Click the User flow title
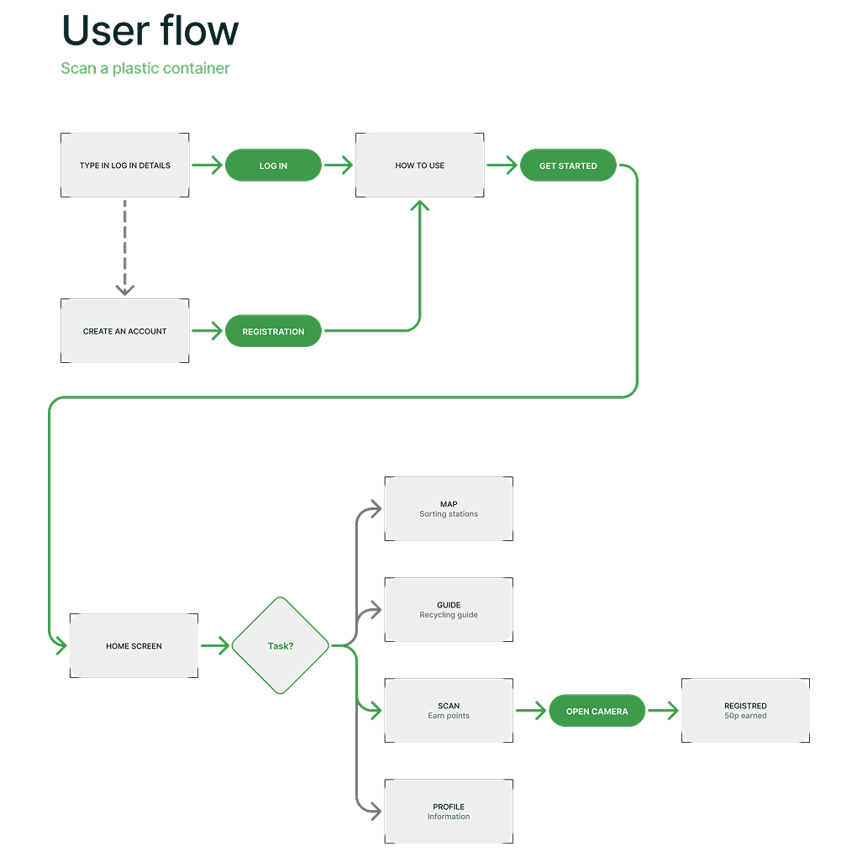click(x=150, y=31)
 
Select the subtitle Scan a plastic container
click(x=145, y=69)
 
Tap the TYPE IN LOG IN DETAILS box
click(x=125, y=166)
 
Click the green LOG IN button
click(x=273, y=166)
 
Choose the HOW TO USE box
click(x=419, y=166)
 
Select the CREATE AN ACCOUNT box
click(x=125, y=331)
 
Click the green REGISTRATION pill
click(x=273, y=331)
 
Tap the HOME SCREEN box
click(x=134, y=646)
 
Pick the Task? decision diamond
click(x=281, y=646)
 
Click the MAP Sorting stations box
click(x=448, y=509)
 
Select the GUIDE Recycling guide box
click(x=448, y=610)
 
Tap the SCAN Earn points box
click(x=448, y=711)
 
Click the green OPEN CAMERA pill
click(x=597, y=712)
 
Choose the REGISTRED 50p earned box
click(x=745, y=711)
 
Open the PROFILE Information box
click(x=448, y=812)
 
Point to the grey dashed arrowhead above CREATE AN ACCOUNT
click(x=125, y=289)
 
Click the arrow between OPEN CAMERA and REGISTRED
click(x=663, y=712)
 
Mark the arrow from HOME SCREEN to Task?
click(x=215, y=646)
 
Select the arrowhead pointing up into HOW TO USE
click(x=419, y=206)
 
